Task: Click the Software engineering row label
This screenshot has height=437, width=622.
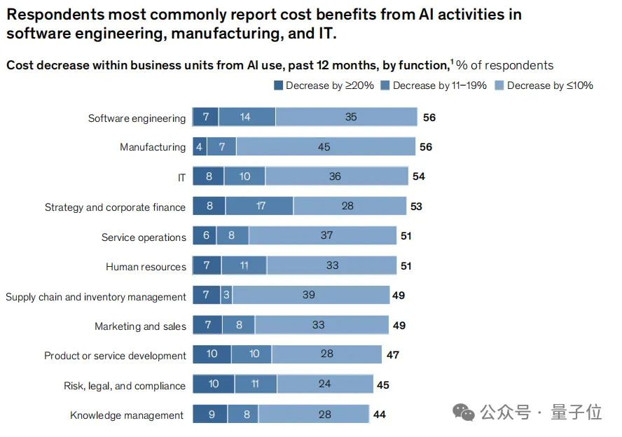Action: tap(137, 118)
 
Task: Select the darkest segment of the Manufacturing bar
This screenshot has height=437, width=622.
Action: tap(199, 147)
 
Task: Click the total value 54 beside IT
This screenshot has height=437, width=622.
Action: tap(419, 176)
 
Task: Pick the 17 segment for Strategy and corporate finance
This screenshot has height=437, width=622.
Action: tap(260, 207)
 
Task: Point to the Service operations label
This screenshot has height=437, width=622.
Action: tap(144, 237)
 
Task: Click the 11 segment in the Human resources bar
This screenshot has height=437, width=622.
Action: tap(244, 266)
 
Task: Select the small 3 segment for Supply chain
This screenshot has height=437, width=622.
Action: tap(226, 296)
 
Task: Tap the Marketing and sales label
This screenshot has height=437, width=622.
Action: tap(141, 326)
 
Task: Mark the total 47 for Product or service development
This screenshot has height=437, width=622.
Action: tap(393, 355)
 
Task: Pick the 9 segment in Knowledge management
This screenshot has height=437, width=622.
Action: tap(210, 415)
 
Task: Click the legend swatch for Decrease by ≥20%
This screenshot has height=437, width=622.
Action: tap(278, 85)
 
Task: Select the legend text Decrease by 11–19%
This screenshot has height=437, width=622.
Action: tap(440, 85)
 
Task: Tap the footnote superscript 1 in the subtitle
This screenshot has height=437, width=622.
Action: tap(451, 63)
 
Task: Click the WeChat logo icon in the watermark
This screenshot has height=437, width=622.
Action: tap(464, 412)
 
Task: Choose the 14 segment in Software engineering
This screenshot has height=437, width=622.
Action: tap(245, 117)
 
